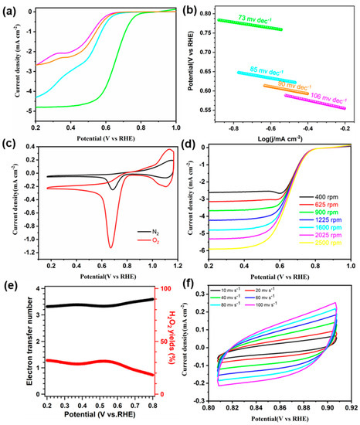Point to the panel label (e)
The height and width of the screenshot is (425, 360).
click(11, 286)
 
